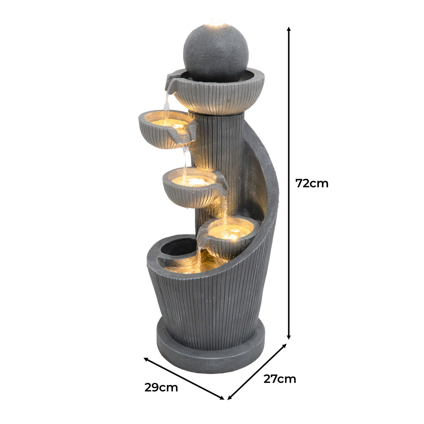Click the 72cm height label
coord(312,183)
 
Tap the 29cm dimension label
coord(161,387)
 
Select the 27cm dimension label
coord(279,379)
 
